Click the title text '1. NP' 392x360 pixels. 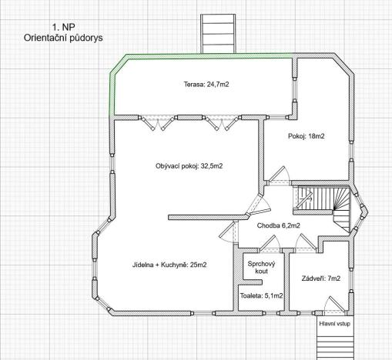point(63,25)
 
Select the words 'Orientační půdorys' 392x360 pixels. point(63,36)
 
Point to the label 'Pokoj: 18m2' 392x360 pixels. point(307,135)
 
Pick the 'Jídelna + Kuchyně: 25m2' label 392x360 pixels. point(169,265)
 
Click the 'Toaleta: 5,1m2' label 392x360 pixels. point(261,295)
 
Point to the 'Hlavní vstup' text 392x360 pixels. point(334,324)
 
